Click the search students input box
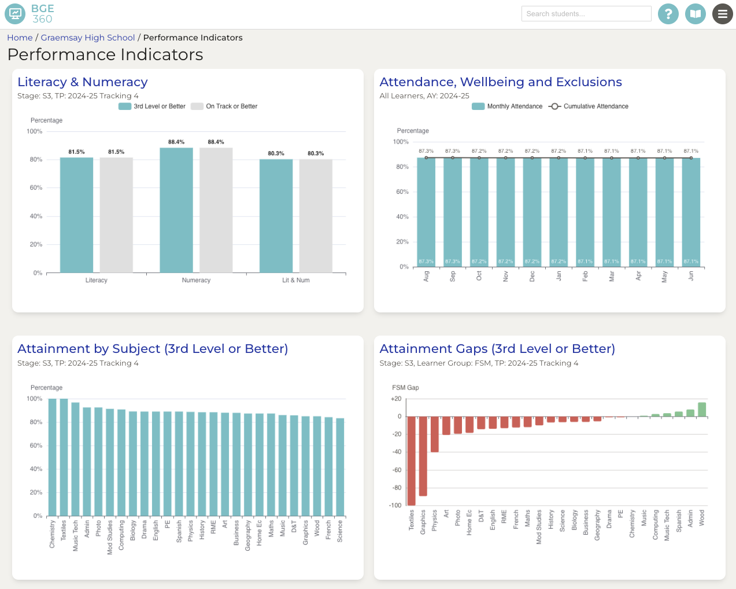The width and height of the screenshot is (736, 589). tap(586, 14)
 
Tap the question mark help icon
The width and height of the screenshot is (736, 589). tap(668, 14)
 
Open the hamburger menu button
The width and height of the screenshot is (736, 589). tap(722, 14)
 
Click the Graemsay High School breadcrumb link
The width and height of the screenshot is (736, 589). tap(88, 38)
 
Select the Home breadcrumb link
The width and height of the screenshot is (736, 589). tap(20, 38)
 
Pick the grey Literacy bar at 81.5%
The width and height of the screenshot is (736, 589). tap(116, 215)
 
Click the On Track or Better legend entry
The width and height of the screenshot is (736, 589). tap(224, 106)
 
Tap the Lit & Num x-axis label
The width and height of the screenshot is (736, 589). tap(295, 280)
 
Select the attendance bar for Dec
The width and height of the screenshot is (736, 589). tap(532, 212)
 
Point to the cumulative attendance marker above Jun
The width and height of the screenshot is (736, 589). tap(691, 158)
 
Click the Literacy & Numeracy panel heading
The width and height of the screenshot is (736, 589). tap(83, 82)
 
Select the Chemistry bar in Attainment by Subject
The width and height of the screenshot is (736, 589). tap(53, 457)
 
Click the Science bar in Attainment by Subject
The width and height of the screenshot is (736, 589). tap(340, 467)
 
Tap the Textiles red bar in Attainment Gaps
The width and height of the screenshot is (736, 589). tap(412, 461)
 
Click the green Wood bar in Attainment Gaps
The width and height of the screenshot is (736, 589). tap(702, 410)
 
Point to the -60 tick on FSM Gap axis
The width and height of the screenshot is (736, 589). tap(397, 470)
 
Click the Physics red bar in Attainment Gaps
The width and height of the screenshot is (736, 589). tap(435, 434)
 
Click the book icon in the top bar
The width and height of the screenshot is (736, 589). tap(696, 14)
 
